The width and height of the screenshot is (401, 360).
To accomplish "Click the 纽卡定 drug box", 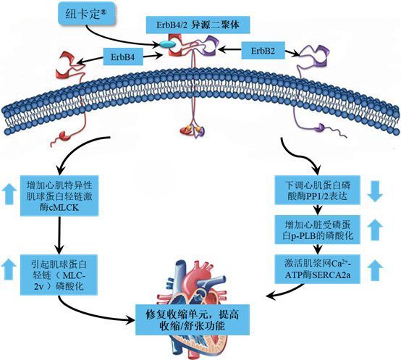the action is coord(86,13).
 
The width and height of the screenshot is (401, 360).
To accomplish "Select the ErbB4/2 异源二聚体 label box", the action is coord(198,25).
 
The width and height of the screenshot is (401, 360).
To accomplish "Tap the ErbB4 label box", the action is coord(123,56).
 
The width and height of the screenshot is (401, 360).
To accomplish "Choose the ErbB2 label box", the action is coord(263,51).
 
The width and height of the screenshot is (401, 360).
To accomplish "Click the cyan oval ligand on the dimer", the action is coord(168,44).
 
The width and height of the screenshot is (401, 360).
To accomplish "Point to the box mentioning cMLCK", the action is coord(59,196).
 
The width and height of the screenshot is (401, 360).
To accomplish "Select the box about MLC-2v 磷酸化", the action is coord(59,275).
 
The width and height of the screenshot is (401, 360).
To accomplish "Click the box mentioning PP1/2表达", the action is coord(317,190).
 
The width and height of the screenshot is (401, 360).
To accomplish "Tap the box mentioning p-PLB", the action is coord(317,230).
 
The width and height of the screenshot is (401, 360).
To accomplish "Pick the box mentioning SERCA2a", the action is coord(317,269).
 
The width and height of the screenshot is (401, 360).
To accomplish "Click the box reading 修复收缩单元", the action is coord(193,320).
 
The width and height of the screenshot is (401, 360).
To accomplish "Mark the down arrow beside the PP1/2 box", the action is coord(375,191).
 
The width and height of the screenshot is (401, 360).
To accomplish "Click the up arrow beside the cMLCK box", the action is coord(9,193).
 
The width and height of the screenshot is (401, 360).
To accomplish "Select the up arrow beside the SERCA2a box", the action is coord(375,270).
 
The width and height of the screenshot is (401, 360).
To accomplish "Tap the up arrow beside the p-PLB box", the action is coord(375,230).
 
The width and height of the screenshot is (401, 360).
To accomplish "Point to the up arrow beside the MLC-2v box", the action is coord(9,269).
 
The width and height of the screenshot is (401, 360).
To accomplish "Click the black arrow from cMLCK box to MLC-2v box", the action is coord(59,235).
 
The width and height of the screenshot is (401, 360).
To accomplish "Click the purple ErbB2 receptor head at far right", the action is coord(315,56).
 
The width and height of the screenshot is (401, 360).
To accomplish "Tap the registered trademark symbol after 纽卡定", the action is coord(104,12).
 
